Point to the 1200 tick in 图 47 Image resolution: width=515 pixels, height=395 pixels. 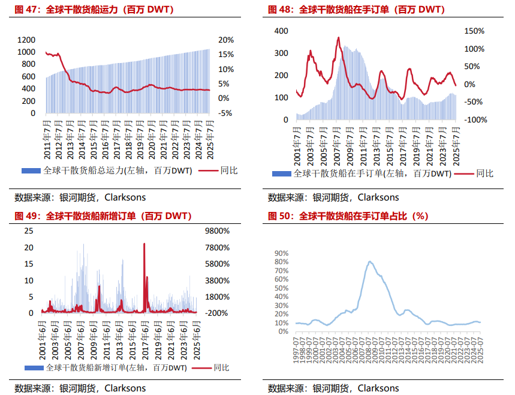click(26, 40)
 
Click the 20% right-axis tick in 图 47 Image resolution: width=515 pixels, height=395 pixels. click(226, 40)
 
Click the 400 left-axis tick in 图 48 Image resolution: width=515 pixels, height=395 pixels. click(281, 31)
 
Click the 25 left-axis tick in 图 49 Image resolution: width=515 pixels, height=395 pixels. click(28, 231)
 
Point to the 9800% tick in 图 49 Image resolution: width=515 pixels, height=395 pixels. click(218, 231)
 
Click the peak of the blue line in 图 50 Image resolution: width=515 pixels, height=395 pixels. click(370, 261)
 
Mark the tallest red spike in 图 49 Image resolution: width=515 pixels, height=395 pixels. click(144, 244)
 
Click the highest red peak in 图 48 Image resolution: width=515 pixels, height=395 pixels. click(339, 38)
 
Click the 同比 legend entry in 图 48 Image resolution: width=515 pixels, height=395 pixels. click(484, 173)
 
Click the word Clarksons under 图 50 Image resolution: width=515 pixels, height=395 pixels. click(378, 388)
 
